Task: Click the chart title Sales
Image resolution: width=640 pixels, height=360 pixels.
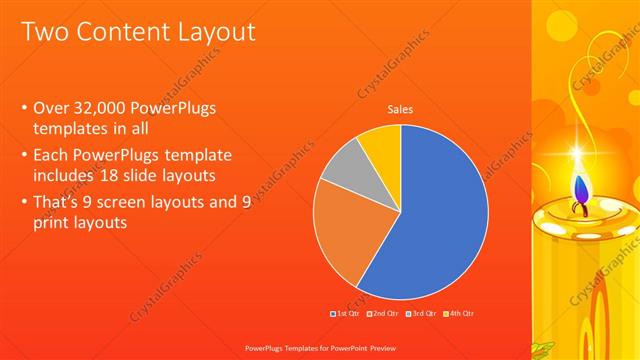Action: point(400,110)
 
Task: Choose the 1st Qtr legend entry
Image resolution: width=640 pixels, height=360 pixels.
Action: point(345,314)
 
